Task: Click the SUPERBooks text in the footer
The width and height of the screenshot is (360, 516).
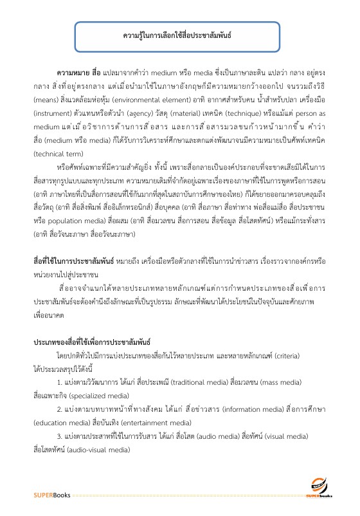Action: pos(53,495)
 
